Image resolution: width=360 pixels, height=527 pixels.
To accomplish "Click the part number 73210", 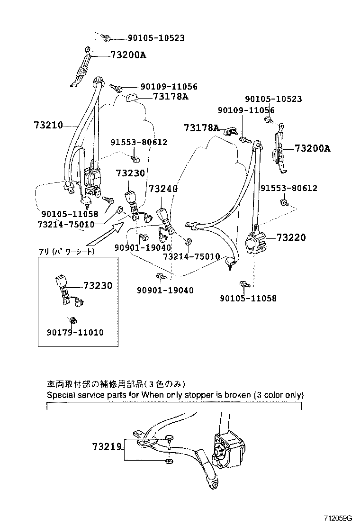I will [48, 126].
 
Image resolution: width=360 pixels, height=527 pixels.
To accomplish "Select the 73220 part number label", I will [291, 237].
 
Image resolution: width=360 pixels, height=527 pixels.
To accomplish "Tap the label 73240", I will [163, 189].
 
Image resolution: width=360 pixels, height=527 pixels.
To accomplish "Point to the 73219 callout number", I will [108, 446].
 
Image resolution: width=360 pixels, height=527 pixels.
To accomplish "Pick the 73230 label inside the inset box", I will [98, 286].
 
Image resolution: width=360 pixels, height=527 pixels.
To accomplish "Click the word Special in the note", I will [59, 394].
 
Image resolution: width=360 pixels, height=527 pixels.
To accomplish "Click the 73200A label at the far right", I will [312, 148].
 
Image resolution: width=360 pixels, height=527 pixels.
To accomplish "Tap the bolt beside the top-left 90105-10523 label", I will [107, 38].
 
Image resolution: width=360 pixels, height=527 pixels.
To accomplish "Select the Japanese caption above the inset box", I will [66, 252].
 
